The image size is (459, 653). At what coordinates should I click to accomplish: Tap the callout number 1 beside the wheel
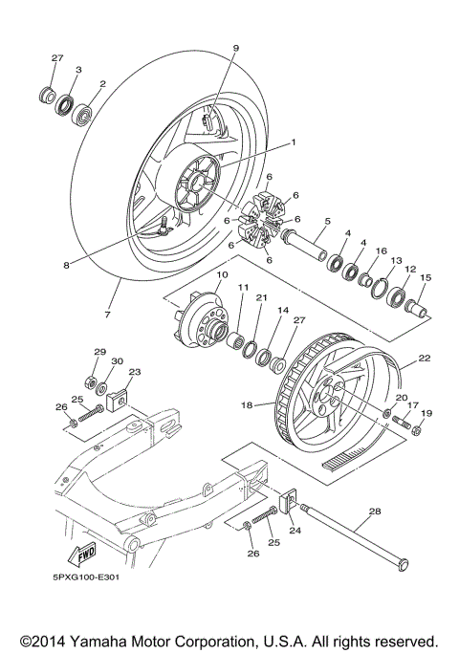[x=293, y=142]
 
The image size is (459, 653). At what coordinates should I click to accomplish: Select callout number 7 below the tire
[x=107, y=315]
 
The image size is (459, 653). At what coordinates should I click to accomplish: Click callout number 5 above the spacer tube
[x=326, y=221]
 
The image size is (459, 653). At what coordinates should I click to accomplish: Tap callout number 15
[x=426, y=278]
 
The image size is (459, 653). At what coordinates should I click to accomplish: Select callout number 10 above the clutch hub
[x=221, y=275]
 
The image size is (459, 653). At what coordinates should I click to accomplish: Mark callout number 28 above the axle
[x=374, y=512]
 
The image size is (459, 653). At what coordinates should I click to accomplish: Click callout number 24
[x=295, y=530]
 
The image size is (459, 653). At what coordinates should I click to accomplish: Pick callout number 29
[x=98, y=353]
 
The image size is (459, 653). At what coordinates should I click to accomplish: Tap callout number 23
[x=134, y=372]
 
